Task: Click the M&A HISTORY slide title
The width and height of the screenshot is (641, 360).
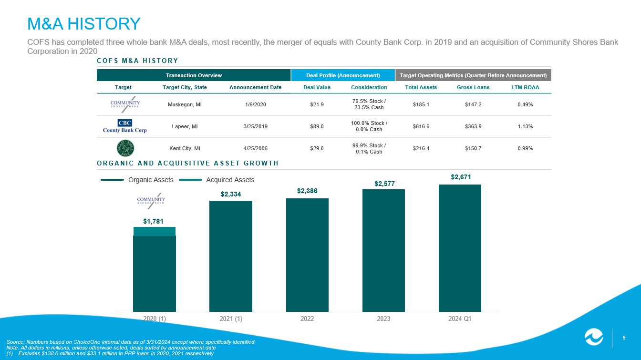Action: [x=84, y=23]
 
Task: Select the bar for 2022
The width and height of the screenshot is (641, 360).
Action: [x=307, y=255]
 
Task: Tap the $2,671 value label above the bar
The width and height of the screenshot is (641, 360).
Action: [x=460, y=177]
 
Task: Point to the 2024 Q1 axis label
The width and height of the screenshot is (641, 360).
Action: [x=460, y=319]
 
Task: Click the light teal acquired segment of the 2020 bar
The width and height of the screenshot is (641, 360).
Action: [x=155, y=231]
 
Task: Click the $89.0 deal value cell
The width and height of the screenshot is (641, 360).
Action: [x=317, y=126]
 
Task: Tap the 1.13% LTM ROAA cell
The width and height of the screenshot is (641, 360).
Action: [x=525, y=126]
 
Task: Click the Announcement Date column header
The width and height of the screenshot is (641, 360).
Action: [x=255, y=87]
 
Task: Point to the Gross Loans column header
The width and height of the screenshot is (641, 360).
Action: [x=473, y=87]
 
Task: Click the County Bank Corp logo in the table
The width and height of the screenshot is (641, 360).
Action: [x=125, y=126]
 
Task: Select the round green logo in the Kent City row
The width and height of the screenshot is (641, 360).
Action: [x=124, y=148]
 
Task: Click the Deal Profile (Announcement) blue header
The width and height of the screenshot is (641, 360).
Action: [x=342, y=75]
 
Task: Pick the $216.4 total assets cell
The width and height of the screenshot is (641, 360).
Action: [x=421, y=148]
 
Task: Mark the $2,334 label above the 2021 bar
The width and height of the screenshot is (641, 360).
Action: [x=230, y=194]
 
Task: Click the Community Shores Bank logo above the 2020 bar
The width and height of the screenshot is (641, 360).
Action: [x=151, y=201]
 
